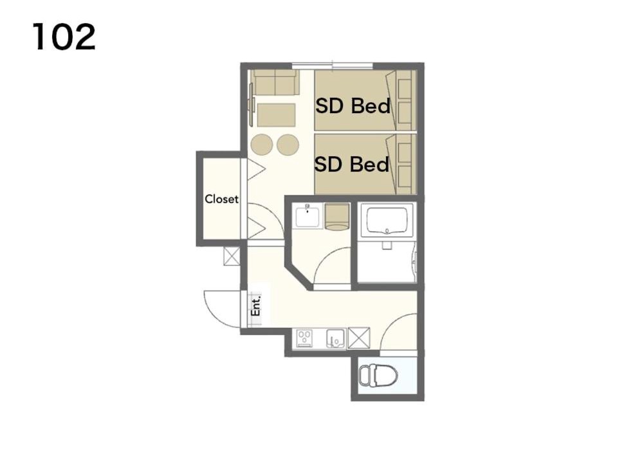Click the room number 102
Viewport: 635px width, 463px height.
pos(64,37)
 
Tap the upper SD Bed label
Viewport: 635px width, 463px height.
pos(353,105)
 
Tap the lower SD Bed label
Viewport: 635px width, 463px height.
pos(351,165)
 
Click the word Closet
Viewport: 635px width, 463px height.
pos(221,199)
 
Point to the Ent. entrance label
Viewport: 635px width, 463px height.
pos(255,306)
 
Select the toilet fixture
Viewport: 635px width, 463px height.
pos(378,376)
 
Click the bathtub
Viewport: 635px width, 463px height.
pos(387,221)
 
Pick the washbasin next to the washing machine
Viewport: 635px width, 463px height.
pos(307,215)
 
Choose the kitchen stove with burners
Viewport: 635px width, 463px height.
pos(304,338)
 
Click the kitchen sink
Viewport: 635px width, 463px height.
pos(336,338)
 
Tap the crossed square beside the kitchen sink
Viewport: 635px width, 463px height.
pos(359,338)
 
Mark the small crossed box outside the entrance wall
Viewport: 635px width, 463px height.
pos(232,256)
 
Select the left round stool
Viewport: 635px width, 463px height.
pos(262,145)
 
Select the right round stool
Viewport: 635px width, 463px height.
pos(288,145)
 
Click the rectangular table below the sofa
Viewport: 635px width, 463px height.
pos(276,115)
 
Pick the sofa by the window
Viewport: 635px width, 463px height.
pos(275,82)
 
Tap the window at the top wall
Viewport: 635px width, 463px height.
pos(332,65)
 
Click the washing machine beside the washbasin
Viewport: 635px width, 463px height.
pos(337,217)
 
